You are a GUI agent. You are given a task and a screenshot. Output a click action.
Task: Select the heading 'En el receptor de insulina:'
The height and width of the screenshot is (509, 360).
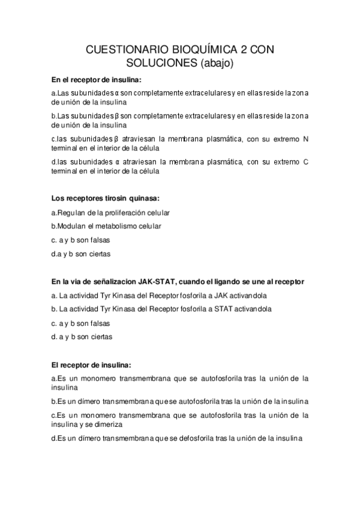96,79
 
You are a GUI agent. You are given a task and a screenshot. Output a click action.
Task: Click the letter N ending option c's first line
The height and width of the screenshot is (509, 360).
305,139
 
